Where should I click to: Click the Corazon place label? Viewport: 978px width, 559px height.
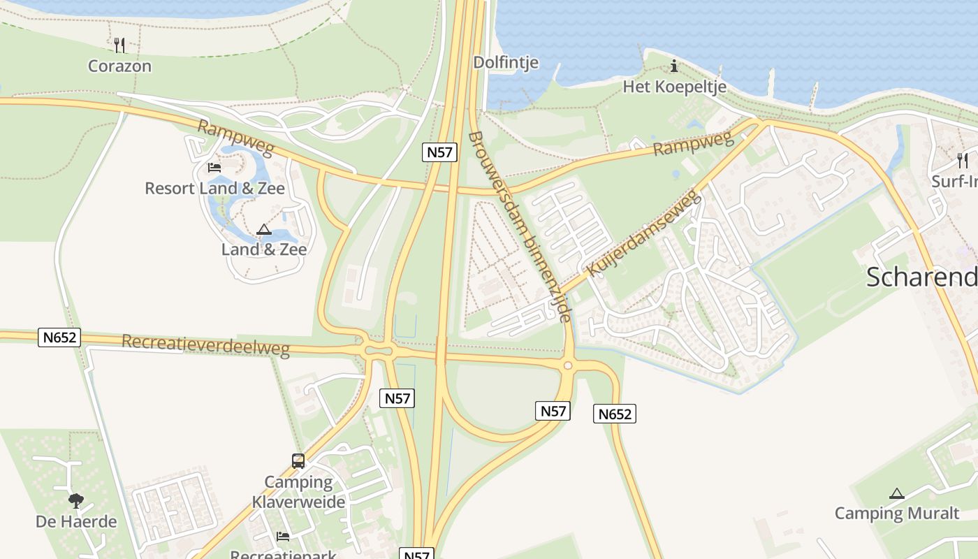coord(119,66)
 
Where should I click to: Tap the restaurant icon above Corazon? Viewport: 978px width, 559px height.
coord(119,45)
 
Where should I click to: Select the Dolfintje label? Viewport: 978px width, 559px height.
coord(506,62)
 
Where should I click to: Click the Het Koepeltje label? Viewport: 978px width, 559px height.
coord(674,87)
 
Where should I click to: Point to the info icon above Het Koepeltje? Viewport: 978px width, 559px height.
coord(674,66)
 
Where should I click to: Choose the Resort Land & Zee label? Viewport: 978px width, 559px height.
coord(214,189)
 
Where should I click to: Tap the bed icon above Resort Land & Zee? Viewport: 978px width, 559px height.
coord(214,168)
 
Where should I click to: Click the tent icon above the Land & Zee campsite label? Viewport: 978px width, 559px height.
coord(263,229)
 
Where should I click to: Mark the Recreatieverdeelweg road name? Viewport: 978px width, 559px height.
coord(205,344)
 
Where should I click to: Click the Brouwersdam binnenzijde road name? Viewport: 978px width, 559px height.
coord(520,226)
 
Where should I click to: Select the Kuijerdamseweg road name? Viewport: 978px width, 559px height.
coord(643,233)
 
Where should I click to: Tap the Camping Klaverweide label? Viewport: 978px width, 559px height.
coord(298,492)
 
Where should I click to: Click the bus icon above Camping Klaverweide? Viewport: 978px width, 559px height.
coord(298,461)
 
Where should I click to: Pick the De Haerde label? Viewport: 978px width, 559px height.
coord(76,521)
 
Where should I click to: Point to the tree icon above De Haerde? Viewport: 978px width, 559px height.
coord(76,500)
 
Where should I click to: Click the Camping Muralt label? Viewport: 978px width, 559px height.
coord(897,514)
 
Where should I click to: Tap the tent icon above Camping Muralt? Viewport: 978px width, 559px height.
coord(897,493)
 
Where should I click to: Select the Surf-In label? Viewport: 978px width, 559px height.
coord(955,182)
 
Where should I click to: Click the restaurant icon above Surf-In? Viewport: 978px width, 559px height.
coord(963,161)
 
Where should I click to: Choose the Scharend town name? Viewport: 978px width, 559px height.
coord(921,277)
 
